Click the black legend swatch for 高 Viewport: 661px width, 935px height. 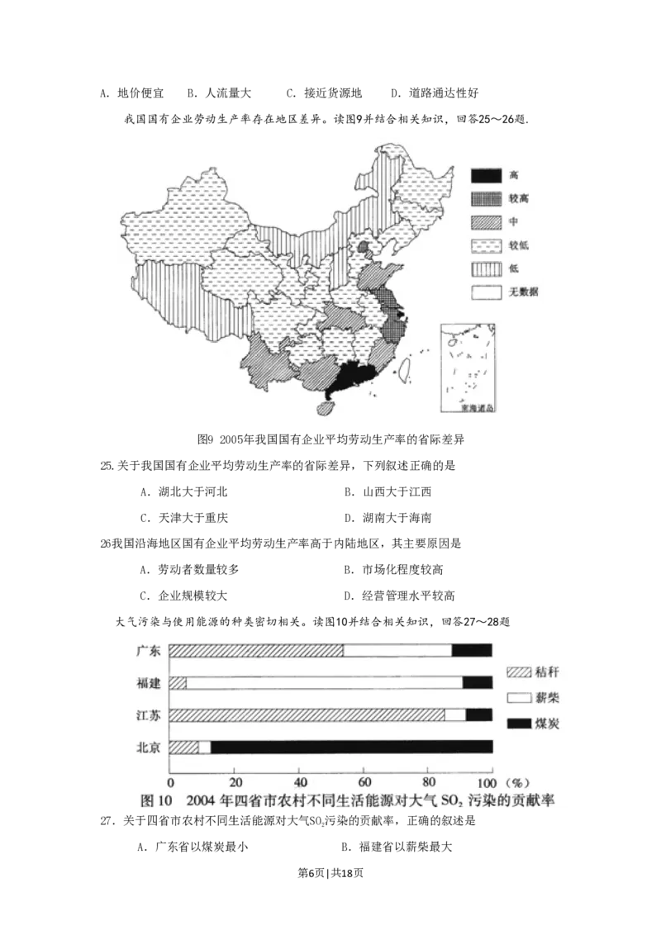(485, 176)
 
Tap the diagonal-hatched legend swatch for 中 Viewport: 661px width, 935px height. (485, 222)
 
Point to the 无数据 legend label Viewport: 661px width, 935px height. (525, 292)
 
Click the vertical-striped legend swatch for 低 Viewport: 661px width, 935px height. (485, 268)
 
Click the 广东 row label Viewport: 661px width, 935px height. (149, 651)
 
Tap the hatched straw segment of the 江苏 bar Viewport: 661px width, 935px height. (306, 715)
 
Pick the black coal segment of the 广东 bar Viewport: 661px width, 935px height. (472, 651)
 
